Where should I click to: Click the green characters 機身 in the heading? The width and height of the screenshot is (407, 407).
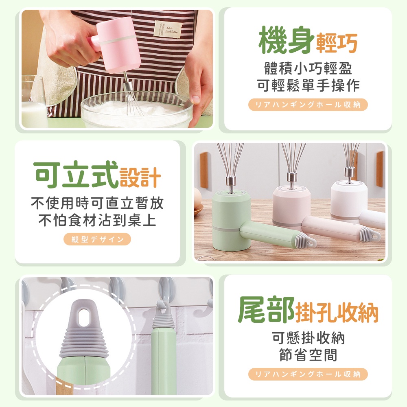click(x=286, y=40)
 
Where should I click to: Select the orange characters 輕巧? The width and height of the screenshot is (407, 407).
click(x=337, y=43)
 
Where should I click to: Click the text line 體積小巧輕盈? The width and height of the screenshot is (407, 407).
click(x=308, y=68)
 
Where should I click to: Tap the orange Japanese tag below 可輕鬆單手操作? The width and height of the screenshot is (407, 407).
click(x=308, y=105)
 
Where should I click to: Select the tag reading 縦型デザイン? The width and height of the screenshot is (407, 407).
click(x=97, y=239)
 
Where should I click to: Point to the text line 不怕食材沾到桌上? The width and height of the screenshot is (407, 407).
click(x=97, y=220)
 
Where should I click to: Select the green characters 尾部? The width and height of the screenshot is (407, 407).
click(x=266, y=310)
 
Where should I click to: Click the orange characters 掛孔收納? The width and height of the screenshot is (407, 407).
click(x=337, y=313)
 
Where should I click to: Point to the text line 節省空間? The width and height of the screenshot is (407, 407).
click(x=308, y=355)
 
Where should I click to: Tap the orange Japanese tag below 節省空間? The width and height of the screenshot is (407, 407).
click(x=308, y=374)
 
